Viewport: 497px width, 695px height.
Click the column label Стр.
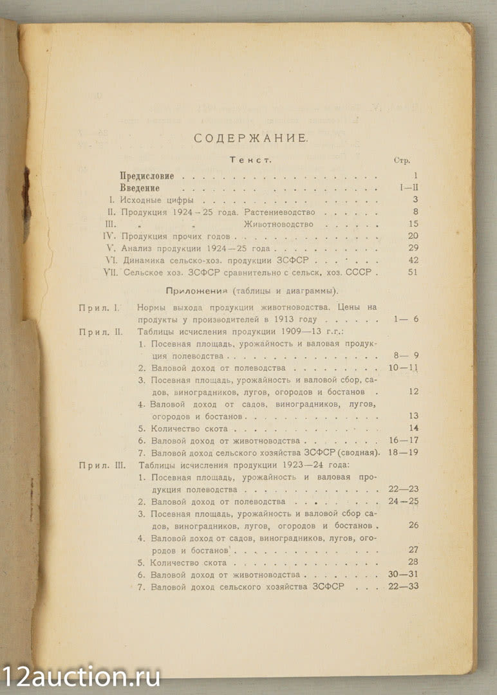click(402, 160)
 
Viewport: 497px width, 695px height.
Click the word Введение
click(140, 188)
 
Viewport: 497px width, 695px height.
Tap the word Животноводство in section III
click(278, 224)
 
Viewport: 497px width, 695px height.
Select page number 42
click(413, 260)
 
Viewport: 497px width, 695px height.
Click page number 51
click(413, 272)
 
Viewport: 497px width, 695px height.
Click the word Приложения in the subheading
click(195, 290)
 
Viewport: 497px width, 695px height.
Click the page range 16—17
click(404, 441)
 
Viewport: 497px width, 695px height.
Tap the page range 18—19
click(404, 452)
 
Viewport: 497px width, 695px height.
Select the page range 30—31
click(404, 574)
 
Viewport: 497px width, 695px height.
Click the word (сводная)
click(353, 452)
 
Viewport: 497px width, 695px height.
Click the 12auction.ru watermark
click(80, 676)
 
